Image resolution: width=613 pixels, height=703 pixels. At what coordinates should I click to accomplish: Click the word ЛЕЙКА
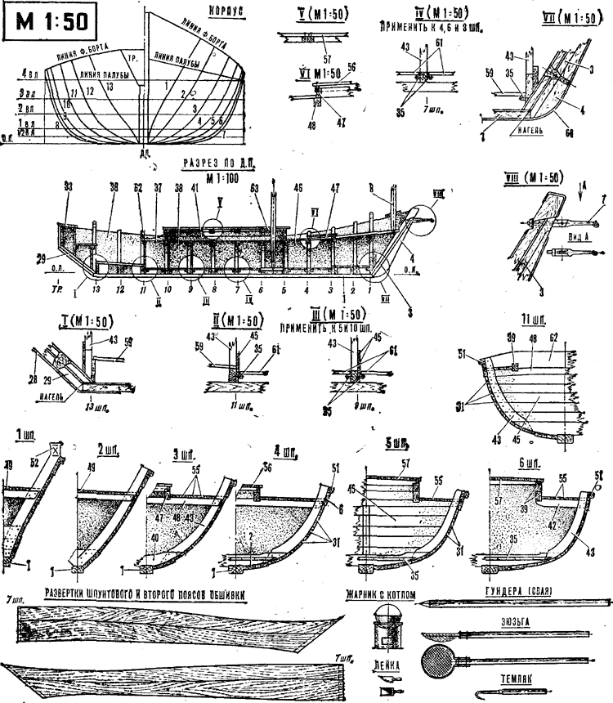(385, 665)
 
